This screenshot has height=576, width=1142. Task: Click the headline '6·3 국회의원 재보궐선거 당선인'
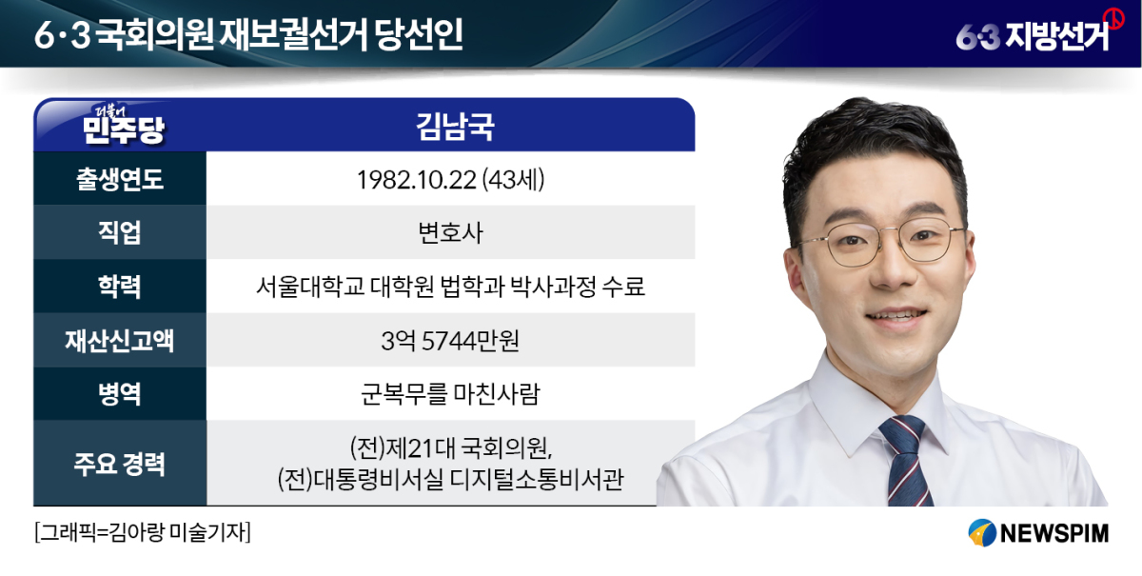[x=248, y=34]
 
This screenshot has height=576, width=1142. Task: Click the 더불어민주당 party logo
[x=124, y=126]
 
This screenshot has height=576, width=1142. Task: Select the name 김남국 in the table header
[x=455, y=127]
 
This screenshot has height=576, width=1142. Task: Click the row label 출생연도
[x=120, y=179]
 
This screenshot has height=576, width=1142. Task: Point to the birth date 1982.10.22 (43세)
[x=451, y=180]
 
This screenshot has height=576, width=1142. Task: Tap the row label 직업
[x=120, y=232]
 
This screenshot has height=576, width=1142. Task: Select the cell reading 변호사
[x=451, y=233]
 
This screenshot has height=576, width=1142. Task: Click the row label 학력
[x=120, y=287]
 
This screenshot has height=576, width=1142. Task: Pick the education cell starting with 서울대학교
[x=451, y=287]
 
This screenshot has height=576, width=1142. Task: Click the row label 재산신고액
[x=120, y=340]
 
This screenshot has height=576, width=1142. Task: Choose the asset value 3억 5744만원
[x=451, y=340]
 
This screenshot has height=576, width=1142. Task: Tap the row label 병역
[x=120, y=394]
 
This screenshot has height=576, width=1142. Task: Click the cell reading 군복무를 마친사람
[x=451, y=394]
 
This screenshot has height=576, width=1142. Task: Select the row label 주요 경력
[x=120, y=464]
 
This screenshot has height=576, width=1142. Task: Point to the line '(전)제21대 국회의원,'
[x=451, y=447]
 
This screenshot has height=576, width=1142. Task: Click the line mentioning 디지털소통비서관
[x=451, y=479]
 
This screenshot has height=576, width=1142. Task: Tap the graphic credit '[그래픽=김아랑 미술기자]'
[x=143, y=532]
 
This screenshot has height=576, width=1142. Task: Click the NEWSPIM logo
[x=1038, y=532]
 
